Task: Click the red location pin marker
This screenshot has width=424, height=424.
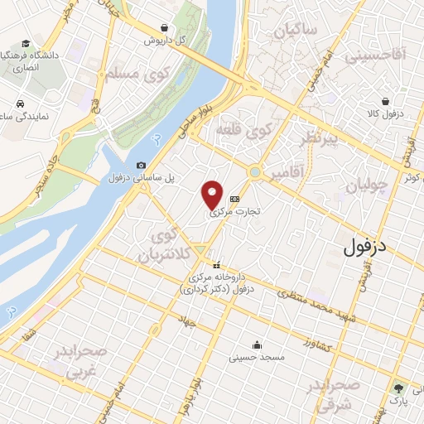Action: [x=213, y=195]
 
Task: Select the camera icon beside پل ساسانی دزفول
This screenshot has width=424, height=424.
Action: [x=141, y=166]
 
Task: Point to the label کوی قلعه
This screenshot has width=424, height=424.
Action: [x=243, y=130]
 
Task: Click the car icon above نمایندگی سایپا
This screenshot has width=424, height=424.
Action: [x=18, y=105]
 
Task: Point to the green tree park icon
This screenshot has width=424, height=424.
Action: [x=399, y=387]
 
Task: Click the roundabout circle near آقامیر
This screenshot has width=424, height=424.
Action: [x=255, y=172]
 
